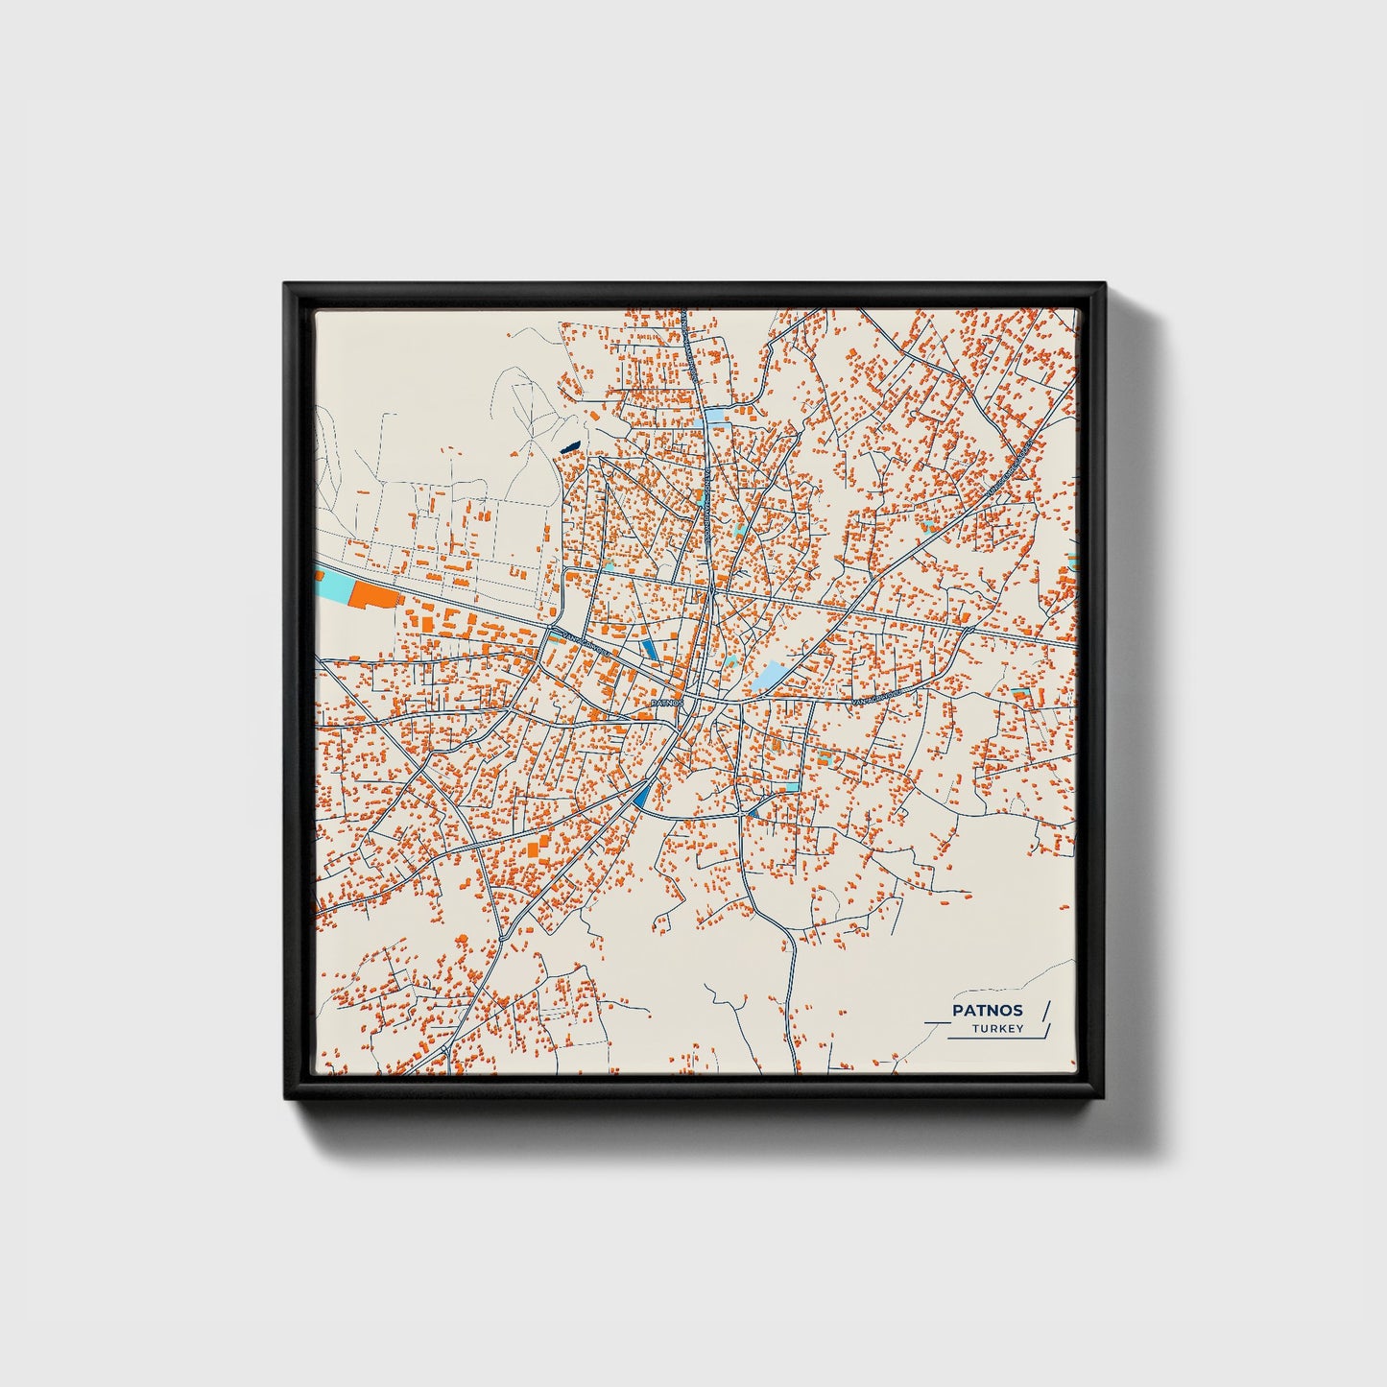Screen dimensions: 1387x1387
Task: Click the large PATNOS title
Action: coord(987,1010)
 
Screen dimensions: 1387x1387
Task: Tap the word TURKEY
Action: coord(997,1029)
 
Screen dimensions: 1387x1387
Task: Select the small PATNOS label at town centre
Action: coord(667,703)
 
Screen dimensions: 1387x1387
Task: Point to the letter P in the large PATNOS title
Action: coord(957,1010)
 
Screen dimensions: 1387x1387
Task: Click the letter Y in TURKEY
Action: coord(1019,1029)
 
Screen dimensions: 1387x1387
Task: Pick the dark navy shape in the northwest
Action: coord(570,446)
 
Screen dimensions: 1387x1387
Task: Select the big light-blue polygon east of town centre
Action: coord(772,677)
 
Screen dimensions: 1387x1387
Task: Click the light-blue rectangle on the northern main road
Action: coord(716,418)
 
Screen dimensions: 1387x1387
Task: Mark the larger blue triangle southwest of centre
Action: coord(642,793)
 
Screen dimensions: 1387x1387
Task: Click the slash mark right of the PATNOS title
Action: coord(1045,1010)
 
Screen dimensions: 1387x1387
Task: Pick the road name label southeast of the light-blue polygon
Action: coord(875,702)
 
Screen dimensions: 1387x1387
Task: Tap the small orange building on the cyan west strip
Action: coord(319,577)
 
